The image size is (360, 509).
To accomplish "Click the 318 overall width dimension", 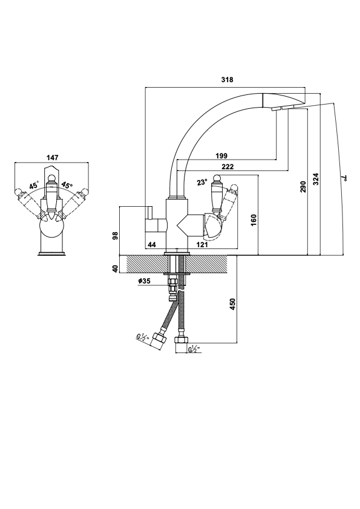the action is (227, 80).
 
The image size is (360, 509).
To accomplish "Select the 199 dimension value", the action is (221, 156).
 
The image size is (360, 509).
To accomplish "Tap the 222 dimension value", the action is (227, 167).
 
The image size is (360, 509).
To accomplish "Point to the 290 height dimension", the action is (303, 187).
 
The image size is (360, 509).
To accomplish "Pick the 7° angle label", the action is (344, 178).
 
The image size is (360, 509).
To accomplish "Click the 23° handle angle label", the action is (201, 182).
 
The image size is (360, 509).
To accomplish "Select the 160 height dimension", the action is (254, 220).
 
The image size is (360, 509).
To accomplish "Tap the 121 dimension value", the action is (202, 245).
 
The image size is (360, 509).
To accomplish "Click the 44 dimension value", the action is (152, 245).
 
